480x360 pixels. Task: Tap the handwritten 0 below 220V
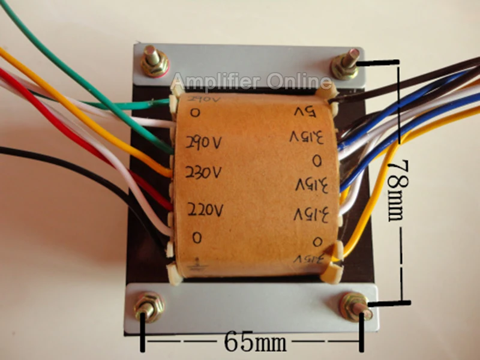coord(197,238)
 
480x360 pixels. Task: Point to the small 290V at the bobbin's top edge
coord(202,97)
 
